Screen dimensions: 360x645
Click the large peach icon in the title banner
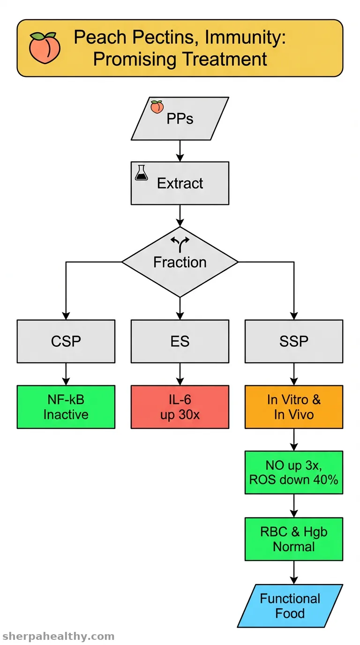pos(45,48)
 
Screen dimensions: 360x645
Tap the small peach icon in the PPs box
pos(157,107)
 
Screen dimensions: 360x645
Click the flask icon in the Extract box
pos(142,173)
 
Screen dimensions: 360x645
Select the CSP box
pos(66,341)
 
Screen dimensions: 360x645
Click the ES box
pos(180,341)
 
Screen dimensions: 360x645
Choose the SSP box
pos(294,341)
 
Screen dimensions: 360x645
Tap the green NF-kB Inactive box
pos(66,407)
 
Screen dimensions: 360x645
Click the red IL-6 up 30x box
pos(180,407)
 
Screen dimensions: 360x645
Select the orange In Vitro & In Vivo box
pos(294,407)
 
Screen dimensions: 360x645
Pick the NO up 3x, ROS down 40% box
pos(294,472)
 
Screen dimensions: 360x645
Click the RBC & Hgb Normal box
pos(294,539)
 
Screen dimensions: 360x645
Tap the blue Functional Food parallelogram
pos(290,606)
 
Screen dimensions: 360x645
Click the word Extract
pos(180,183)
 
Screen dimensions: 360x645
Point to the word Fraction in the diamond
pos(180,262)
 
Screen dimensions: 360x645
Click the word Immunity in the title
pos(245,37)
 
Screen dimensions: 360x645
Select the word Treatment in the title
pos(225,60)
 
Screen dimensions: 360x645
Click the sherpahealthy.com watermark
pos(58,636)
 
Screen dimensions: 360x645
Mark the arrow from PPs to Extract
pos(180,151)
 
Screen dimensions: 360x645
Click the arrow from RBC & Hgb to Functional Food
pos(294,572)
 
